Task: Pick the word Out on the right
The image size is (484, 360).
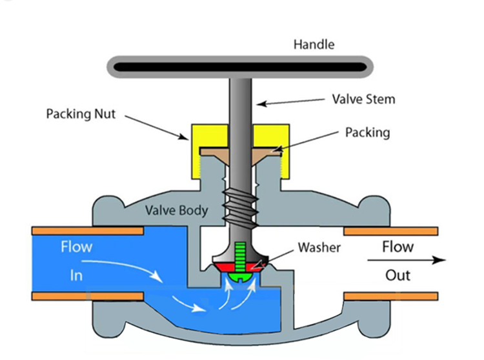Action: coord(398,275)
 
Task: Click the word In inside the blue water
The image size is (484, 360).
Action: coord(77,275)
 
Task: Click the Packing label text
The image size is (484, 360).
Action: coord(368,132)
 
